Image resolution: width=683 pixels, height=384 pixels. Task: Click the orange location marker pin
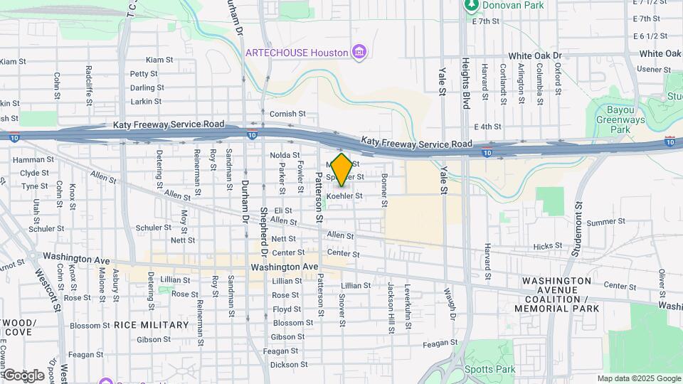click(x=341, y=169)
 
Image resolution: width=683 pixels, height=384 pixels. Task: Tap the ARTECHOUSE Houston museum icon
click(x=360, y=52)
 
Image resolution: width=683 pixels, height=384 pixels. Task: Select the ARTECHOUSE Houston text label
click(x=297, y=53)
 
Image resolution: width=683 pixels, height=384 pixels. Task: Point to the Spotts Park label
click(x=489, y=370)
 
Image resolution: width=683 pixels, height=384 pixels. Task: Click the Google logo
click(x=23, y=375)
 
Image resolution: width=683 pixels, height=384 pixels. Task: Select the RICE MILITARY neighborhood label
click(x=152, y=325)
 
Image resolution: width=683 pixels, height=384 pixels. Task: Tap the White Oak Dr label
click(x=534, y=55)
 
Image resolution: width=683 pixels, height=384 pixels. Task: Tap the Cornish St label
click(x=287, y=114)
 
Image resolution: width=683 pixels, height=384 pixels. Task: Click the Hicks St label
click(x=547, y=246)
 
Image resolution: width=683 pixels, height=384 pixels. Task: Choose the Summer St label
click(x=605, y=223)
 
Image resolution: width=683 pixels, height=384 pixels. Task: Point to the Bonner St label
click(x=383, y=190)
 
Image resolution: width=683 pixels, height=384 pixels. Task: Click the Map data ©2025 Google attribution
click(x=639, y=379)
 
